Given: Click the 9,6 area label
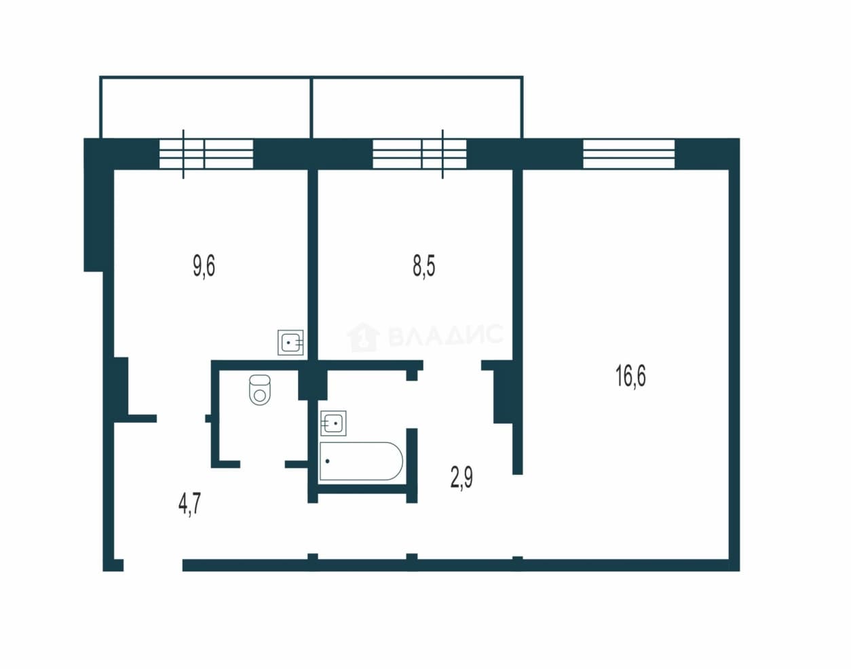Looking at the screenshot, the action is click(204, 266).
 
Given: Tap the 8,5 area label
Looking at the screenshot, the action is click(424, 266).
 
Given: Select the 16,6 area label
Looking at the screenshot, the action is click(630, 376).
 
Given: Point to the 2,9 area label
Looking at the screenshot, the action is click(461, 477).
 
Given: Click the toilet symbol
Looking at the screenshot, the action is click(260, 390).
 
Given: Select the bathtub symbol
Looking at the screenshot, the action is click(361, 461).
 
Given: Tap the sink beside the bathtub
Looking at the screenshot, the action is click(333, 423).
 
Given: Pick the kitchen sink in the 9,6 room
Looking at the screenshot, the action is click(290, 343).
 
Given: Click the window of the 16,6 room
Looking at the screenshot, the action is click(629, 154).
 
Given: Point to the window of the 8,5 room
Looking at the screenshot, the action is click(419, 154).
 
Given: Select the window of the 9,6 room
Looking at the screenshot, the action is click(206, 154).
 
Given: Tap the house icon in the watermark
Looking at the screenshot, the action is click(363, 337).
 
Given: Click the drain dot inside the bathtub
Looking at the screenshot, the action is click(327, 461).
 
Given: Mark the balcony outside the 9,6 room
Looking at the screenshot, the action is click(206, 107).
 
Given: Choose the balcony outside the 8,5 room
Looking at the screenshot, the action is click(417, 107).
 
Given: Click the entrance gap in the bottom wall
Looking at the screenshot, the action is click(153, 565).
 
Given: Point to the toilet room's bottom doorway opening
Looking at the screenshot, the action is click(263, 464).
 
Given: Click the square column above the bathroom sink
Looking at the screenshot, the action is click(312, 385).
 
